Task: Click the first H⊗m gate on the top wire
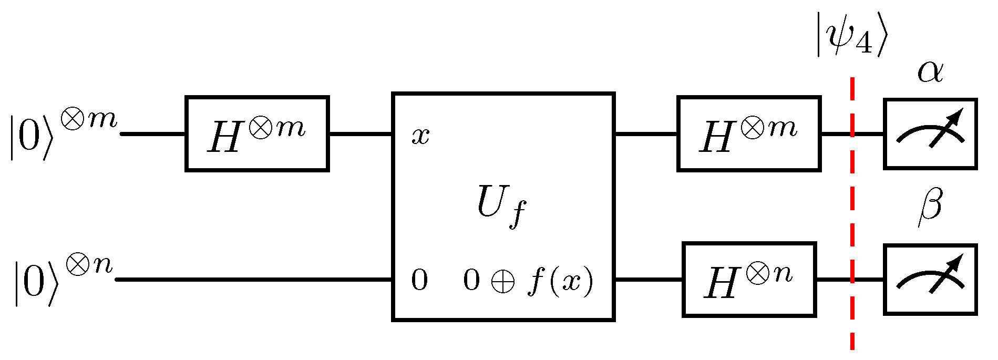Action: [x=257, y=133]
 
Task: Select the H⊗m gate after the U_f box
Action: [x=748, y=133]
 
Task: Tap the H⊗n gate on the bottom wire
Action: [x=749, y=280]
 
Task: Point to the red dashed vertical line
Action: [x=852, y=221]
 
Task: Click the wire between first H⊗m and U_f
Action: [x=361, y=134]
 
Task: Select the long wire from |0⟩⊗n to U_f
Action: [x=252, y=280]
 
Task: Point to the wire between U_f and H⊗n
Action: [x=649, y=280]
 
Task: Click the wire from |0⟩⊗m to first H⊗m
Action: [x=153, y=134]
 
